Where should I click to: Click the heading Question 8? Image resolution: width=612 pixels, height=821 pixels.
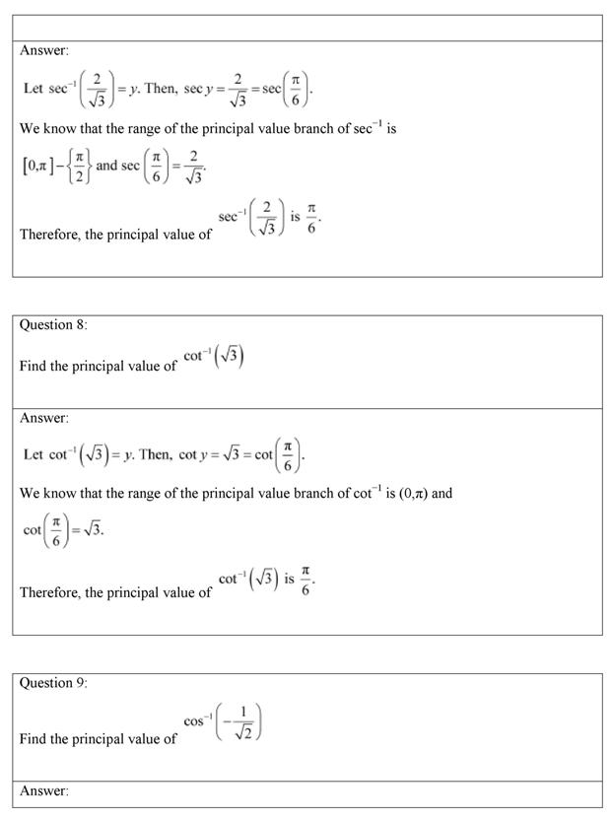pyautogui.click(x=53, y=325)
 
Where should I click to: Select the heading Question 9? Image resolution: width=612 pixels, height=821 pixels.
pyautogui.click(x=53, y=683)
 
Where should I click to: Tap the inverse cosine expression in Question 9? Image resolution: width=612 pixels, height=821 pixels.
pyautogui.click(x=223, y=722)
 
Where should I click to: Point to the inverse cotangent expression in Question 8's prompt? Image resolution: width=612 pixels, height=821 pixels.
pyautogui.click(x=214, y=355)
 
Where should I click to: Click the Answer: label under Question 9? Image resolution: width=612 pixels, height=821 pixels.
pyautogui.click(x=44, y=791)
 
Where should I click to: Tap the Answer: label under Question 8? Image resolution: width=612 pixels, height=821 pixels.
pyautogui.click(x=44, y=418)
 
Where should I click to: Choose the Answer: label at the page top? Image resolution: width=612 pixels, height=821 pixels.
pyautogui.click(x=44, y=50)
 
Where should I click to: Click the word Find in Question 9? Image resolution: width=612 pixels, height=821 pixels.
pyautogui.click(x=34, y=739)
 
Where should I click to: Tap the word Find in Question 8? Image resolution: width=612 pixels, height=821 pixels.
pyautogui.click(x=34, y=366)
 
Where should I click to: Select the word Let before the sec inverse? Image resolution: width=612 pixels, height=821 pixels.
pyautogui.click(x=34, y=89)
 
